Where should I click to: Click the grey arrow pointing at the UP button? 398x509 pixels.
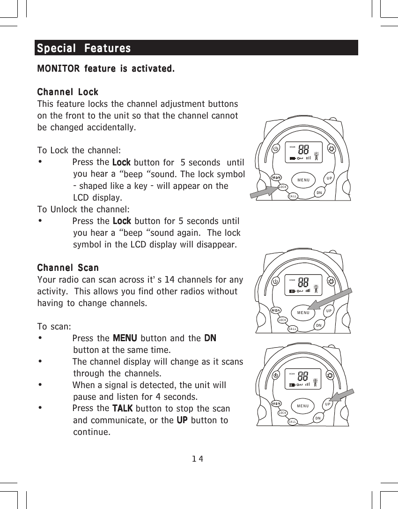click(x=346, y=397)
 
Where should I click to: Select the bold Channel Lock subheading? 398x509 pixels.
click(x=67, y=92)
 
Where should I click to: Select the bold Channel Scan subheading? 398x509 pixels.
click(x=67, y=268)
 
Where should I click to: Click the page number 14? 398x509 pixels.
click(x=197, y=458)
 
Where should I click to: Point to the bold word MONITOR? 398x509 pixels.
click(x=58, y=69)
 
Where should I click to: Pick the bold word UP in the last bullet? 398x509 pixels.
click(x=183, y=419)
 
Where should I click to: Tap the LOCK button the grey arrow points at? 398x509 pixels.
click(x=283, y=187)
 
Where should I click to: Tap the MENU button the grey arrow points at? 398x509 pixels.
click(x=303, y=313)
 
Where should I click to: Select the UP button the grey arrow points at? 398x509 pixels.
click(x=328, y=404)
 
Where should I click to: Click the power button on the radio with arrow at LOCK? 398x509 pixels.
click(x=276, y=148)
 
